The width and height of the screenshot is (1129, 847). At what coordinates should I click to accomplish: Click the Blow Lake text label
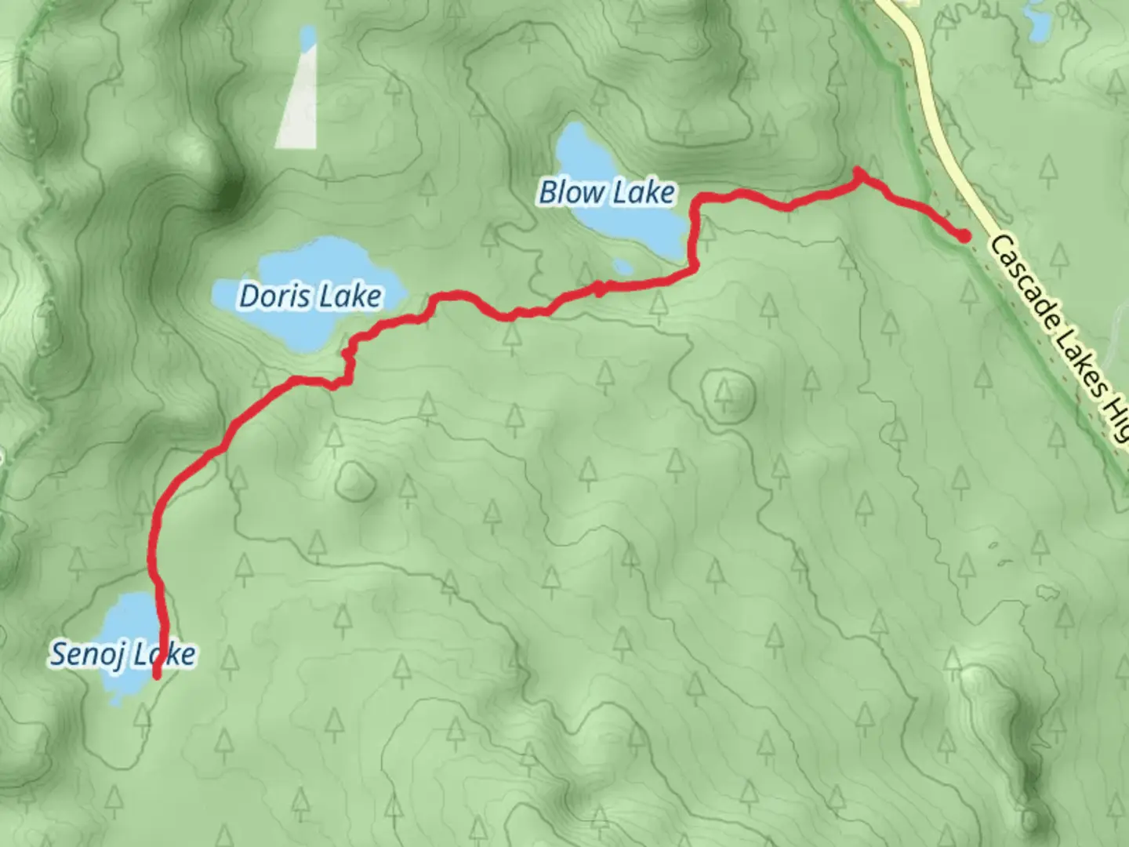click(607, 192)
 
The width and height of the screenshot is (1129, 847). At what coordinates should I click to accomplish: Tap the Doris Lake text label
click(310, 296)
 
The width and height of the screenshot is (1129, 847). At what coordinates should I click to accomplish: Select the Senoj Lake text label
click(122, 653)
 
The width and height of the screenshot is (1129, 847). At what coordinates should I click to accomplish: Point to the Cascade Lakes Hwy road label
click(1058, 337)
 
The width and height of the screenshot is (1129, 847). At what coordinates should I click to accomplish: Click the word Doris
click(268, 296)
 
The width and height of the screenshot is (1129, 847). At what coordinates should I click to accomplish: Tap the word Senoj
click(83, 653)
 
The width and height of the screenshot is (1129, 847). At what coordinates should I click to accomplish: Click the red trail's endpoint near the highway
click(964, 234)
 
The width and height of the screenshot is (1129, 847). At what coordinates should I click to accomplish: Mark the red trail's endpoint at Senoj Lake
click(157, 674)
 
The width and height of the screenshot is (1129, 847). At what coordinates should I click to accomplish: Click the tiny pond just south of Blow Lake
click(623, 267)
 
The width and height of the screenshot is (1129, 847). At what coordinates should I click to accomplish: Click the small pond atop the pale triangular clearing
click(307, 36)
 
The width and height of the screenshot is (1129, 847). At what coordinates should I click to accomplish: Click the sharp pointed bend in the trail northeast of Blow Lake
click(858, 170)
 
